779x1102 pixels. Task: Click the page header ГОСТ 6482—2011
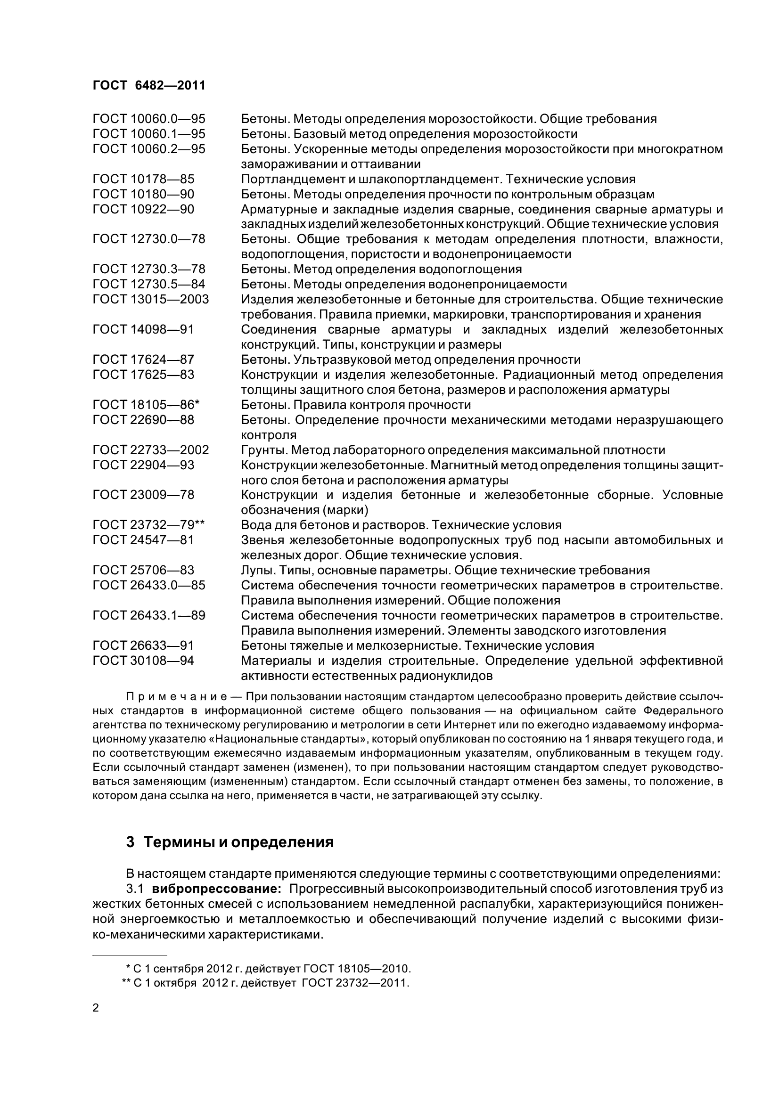coord(149,85)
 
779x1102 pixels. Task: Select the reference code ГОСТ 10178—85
coord(144,180)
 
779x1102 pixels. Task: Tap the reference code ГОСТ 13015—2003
coord(151,300)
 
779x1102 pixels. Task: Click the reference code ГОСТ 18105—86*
coord(146,405)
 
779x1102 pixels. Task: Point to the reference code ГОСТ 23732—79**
coord(149,525)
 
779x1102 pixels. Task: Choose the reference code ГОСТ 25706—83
coord(144,570)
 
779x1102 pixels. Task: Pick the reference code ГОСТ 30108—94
coord(144,661)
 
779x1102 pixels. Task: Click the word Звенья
coord(262,540)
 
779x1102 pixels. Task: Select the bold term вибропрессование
coord(216,889)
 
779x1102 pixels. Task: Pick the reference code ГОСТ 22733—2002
coord(151,450)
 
